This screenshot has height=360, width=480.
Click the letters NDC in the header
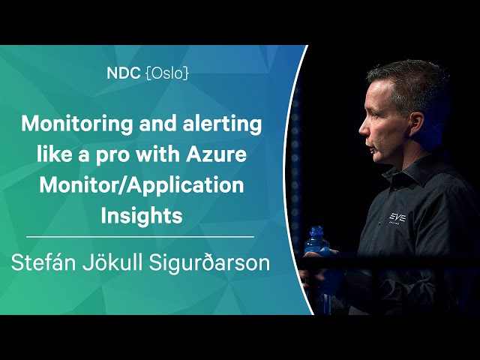tap(123, 73)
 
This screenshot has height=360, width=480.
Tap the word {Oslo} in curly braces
tap(167, 73)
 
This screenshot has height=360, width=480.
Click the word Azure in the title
tap(217, 154)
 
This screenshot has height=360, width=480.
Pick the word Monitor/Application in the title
tap(142, 186)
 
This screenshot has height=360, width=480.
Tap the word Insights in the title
tap(142, 216)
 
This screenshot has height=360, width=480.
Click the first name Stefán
tap(43, 262)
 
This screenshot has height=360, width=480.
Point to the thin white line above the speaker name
tap(140, 237)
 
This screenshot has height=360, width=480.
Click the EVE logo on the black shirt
tap(397, 218)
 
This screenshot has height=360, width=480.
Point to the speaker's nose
tap(363, 128)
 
